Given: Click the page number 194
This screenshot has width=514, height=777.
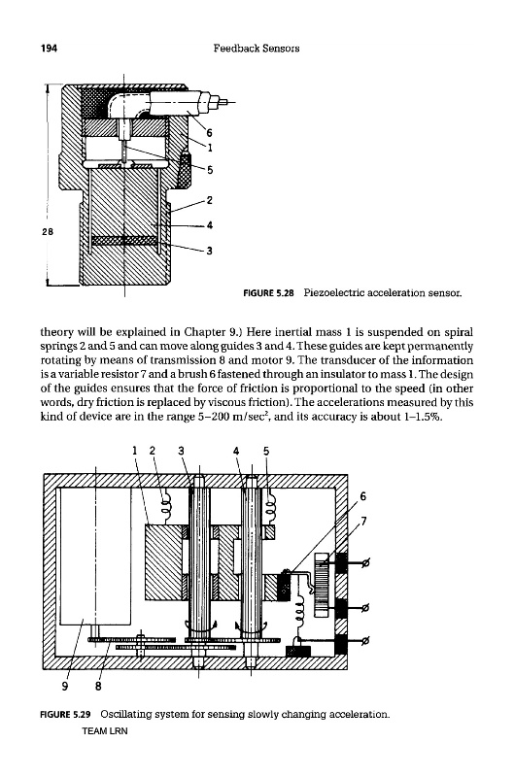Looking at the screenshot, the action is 49,48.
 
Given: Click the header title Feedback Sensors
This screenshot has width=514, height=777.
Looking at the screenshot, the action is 257,48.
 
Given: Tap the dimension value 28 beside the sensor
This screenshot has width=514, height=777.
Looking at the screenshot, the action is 47,231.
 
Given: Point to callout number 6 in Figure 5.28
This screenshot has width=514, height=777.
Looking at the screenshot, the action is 209,133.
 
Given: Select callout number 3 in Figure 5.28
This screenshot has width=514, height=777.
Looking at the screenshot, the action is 210,251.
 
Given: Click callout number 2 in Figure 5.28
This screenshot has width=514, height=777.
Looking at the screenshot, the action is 210,200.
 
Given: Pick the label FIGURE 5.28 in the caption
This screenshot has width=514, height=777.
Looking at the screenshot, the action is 268,293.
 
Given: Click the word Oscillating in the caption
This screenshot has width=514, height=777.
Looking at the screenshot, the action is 124,715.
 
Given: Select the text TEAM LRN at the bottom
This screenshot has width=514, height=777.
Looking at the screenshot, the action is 105,731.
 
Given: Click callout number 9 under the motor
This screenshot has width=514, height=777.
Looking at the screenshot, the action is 65,686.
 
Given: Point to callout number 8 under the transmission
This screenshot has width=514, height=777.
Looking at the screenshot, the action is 98,686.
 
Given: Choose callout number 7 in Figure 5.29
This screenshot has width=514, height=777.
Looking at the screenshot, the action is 364,521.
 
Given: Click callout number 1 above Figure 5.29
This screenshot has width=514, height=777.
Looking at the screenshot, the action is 134,451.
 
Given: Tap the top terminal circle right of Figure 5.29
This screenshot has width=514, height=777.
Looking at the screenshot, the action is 366,563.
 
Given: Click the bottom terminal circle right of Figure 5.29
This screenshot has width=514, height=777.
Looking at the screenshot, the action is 366,641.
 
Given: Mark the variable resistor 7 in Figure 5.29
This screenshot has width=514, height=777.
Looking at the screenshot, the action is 323,585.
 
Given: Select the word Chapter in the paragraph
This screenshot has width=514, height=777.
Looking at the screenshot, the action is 204,331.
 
